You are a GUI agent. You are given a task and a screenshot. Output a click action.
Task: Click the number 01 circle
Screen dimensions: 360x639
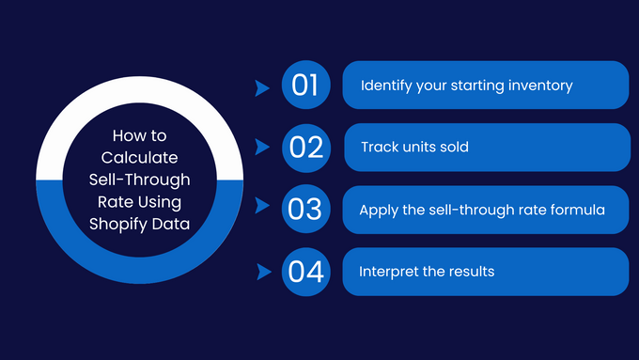305,86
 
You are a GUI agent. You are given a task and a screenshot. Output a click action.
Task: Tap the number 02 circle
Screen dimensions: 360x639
305,148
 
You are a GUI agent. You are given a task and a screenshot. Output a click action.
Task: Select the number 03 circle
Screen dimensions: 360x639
305,210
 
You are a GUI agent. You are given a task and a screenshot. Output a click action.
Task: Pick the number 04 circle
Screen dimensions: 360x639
305,272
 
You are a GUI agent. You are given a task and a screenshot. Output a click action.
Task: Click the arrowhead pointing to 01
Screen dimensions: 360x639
263,87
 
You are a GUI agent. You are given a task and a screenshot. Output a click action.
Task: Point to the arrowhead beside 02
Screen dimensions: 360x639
263,149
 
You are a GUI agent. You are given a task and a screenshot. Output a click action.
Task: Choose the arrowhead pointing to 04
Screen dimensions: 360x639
263,273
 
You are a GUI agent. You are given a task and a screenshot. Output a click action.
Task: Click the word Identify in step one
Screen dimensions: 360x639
386,86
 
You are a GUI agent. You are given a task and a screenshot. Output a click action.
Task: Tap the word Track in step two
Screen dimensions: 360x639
380,148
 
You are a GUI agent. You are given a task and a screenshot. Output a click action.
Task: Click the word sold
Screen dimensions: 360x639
452,148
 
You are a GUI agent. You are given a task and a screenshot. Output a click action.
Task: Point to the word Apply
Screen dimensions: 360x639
378,210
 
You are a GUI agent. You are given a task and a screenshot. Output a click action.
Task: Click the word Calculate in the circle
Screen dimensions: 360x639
139,157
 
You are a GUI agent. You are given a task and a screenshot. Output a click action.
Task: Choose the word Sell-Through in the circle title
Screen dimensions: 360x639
139,179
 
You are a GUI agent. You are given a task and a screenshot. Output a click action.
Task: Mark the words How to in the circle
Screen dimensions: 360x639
139,135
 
